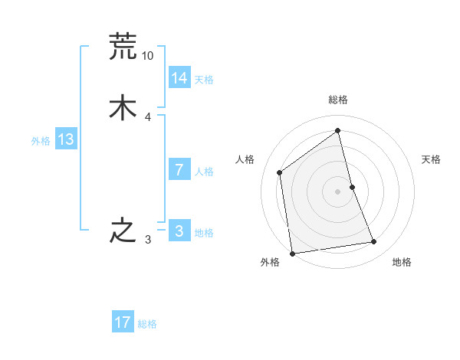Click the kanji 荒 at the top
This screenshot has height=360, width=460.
pyautogui.click(x=123, y=47)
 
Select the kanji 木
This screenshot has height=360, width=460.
pyautogui.click(x=123, y=107)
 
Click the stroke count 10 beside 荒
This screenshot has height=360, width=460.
pyautogui.click(x=147, y=56)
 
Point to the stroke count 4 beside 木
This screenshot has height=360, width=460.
pyautogui.click(x=147, y=117)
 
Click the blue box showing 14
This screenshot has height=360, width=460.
pyautogui.click(x=179, y=78)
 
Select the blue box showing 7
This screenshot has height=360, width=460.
pyautogui.click(x=179, y=170)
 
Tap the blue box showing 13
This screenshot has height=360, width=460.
pyautogui.click(x=65, y=139)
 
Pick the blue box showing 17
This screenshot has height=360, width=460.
pyautogui.click(x=123, y=322)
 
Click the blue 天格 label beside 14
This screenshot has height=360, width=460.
pyautogui.click(x=204, y=80)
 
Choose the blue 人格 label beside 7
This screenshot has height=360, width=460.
pyautogui.click(x=204, y=172)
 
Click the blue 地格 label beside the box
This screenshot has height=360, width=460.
pyautogui.click(x=204, y=233)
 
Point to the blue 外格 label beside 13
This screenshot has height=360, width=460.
pyautogui.click(x=41, y=141)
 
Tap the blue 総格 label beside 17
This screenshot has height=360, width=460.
pyautogui.click(x=147, y=324)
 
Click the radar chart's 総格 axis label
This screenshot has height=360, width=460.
pyautogui.click(x=338, y=100)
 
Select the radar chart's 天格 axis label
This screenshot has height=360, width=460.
pyautogui.click(x=431, y=159)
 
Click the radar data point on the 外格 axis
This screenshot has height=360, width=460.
pyautogui.click(x=292, y=253)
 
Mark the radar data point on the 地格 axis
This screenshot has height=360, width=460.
pyautogui.click(x=374, y=242)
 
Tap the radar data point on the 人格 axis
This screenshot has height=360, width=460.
pyautogui.click(x=280, y=172)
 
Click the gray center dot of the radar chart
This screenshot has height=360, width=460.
pyautogui.click(x=338, y=191)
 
